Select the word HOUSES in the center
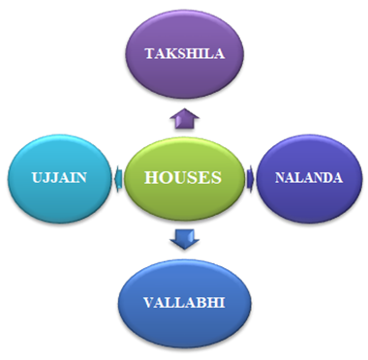pyautogui.click(x=182, y=178)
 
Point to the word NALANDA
pyautogui.click(x=306, y=177)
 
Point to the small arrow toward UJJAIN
pyautogui.click(x=119, y=176)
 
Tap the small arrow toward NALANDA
pyautogui.click(x=249, y=176)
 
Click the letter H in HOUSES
pyautogui.click(x=150, y=178)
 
